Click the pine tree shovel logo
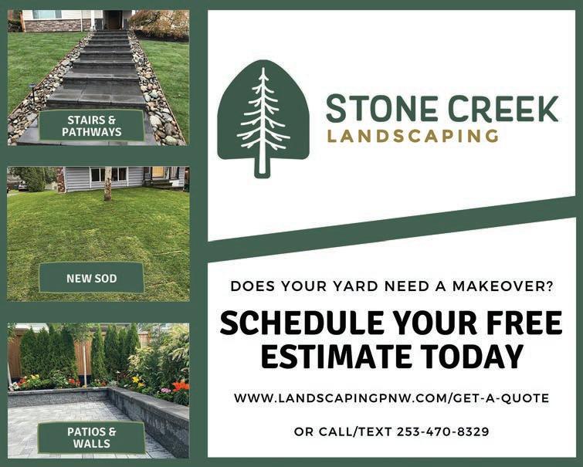(x=263, y=118)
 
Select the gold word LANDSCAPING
(x=412, y=136)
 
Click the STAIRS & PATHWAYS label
(x=91, y=126)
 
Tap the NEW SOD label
(x=91, y=278)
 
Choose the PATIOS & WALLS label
(x=91, y=437)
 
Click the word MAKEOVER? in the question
(x=503, y=286)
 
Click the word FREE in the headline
(x=524, y=323)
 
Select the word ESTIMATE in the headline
(x=336, y=356)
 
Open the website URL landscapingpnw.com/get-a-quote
(x=391, y=398)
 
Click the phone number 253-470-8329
(x=442, y=431)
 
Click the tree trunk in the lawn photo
(x=108, y=183)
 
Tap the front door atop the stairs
(x=114, y=19)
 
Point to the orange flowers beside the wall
(x=181, y=387)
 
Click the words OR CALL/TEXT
(x=342, y=431)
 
